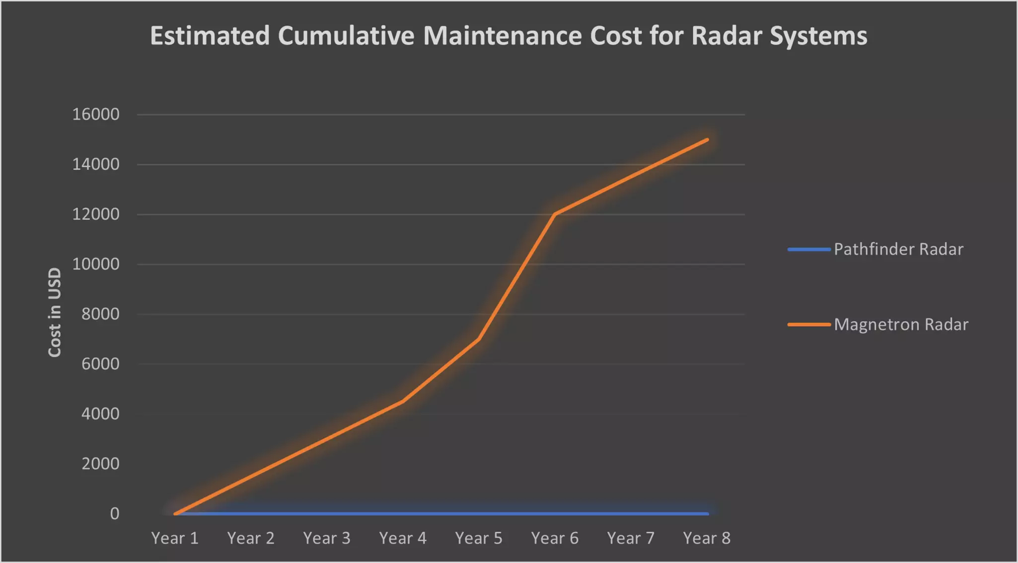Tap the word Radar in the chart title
click(x=726, y=36)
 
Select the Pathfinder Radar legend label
click(x=898, y=249)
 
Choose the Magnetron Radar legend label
click(x=901, y=325)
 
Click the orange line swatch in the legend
click(x=808, y=325)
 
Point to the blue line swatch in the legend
click(x=808, y=249)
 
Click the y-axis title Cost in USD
click(x=55, y=312)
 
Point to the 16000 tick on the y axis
click(x=96, y=115)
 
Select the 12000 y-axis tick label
click(x=96, y=214)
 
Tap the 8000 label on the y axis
click(x=100, y=314)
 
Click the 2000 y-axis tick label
click(x=100, y=464)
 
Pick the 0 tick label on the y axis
click(x=115, y=514)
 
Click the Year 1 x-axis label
click(x=175, y=538)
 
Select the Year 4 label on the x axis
click(x=403, y=538)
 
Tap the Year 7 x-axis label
click(x=631, y=538)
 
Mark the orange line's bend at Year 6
click(x=555, y=214)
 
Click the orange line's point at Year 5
click(x=479, y=339)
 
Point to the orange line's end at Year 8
click(x=707, y=140)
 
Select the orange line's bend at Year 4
click(x=403, y=401)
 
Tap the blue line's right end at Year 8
click(x=707, y=514)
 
